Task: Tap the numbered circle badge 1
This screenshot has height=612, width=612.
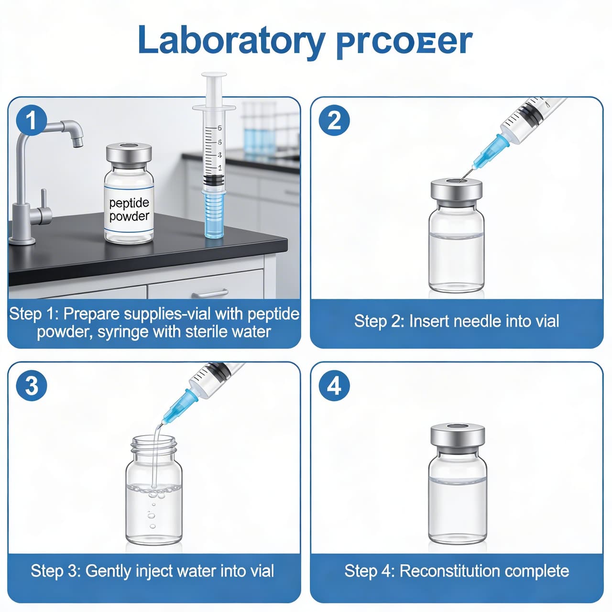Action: [31, 120]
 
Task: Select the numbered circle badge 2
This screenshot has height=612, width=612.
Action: [334, 120]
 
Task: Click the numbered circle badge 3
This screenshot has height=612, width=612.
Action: [31, 385]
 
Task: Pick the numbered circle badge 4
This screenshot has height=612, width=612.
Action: [334, 385]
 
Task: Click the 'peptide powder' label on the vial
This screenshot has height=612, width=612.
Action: [129, 209]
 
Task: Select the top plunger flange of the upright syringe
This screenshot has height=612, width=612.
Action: [214, 76]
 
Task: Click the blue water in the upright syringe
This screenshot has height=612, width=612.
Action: [214, 213]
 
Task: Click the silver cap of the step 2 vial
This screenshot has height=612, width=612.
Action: [456, 190]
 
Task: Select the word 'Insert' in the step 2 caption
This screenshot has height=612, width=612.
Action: [429, 321]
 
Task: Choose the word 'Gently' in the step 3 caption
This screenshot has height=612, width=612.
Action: [109, 571]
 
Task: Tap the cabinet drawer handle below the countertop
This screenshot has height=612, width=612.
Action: [210, 293]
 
